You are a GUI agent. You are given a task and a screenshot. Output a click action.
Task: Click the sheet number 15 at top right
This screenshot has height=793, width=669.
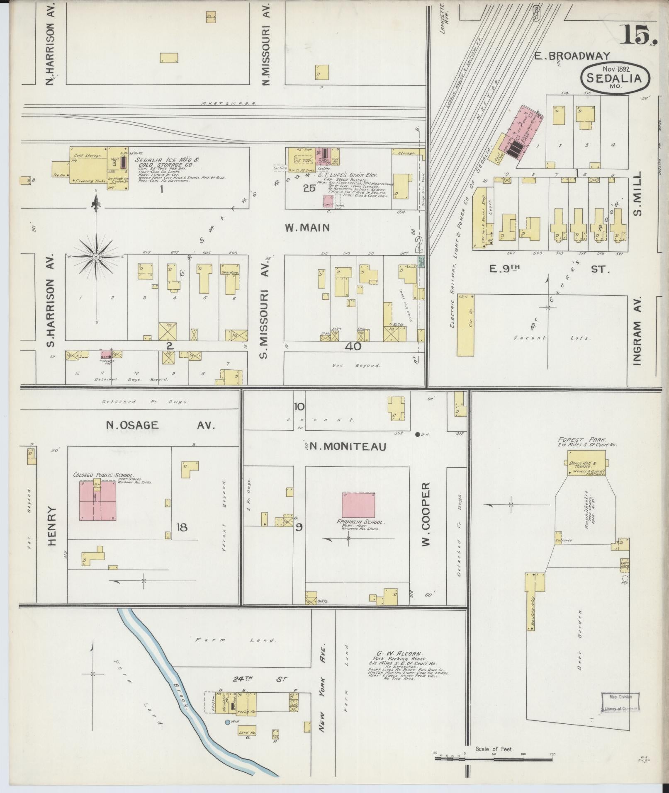(x=637, y=35)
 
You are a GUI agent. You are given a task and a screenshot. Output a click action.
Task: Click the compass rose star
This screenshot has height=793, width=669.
(x=96, y=257)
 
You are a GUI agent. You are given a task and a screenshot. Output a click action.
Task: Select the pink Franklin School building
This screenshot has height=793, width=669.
(x=358, y=505)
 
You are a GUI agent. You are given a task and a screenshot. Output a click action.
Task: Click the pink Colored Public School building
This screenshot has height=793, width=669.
(x=97, y=501)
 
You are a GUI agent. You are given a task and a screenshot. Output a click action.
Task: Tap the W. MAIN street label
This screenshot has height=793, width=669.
(x=307, y=228)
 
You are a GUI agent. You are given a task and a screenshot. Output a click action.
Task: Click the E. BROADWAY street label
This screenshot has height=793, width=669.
(x=571, y=56)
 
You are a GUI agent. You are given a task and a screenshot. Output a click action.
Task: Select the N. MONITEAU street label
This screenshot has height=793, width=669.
(x=348, y=446)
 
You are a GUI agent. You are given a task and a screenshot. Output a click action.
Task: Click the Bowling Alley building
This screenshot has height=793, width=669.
(x=530, y=607)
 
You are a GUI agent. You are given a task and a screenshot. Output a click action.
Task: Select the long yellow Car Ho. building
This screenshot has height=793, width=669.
(x=465, y=325)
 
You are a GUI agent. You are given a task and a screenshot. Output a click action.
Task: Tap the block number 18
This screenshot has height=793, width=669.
(x=182, y=527)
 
